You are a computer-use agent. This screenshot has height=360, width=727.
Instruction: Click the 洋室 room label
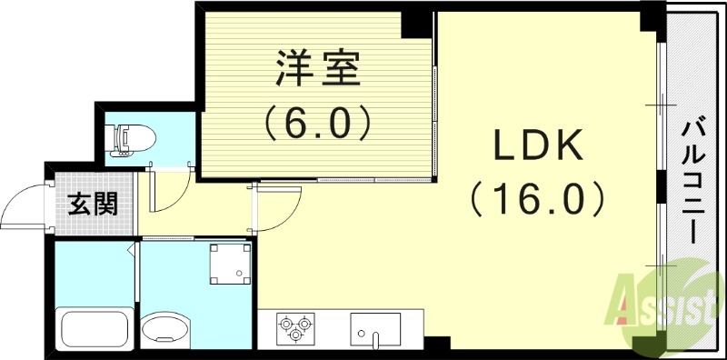(317, 69)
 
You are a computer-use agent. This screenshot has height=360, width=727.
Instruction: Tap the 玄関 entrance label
(93, 202)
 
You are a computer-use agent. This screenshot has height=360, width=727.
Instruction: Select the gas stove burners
(294, 328)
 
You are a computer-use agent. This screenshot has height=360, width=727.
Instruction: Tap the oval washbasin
(166, 328)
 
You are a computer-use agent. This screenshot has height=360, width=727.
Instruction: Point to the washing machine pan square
(230, 263)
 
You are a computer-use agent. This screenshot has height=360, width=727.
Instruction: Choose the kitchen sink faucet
(374, 339)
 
